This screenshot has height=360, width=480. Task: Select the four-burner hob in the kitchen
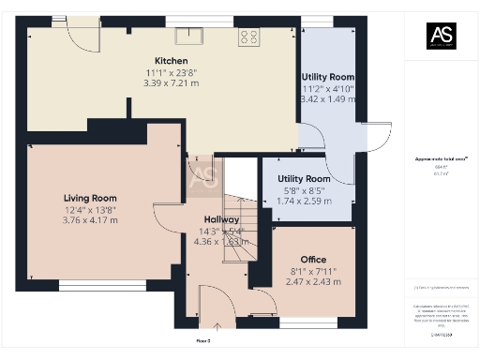pyautogui.click(x=249, y=37)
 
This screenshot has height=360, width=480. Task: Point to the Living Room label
pyautogui.click(x=90, y=198)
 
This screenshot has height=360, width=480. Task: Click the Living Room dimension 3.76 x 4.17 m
pyautogui.click(x=90, y=220)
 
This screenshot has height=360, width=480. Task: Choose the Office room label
pyautogui.click(x=313, y=260)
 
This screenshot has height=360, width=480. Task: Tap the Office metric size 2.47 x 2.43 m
pyautogui.click(x=313, y=282)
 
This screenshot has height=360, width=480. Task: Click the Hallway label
pyautogui.click(x=222, y=219)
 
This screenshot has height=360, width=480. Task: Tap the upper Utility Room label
pyautogui.click(x=327, y=76)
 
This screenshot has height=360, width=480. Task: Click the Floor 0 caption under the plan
pyautogui.click(x=202, y=341)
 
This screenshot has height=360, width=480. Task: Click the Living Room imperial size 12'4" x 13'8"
pyautogui.click(x=90, y=210)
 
